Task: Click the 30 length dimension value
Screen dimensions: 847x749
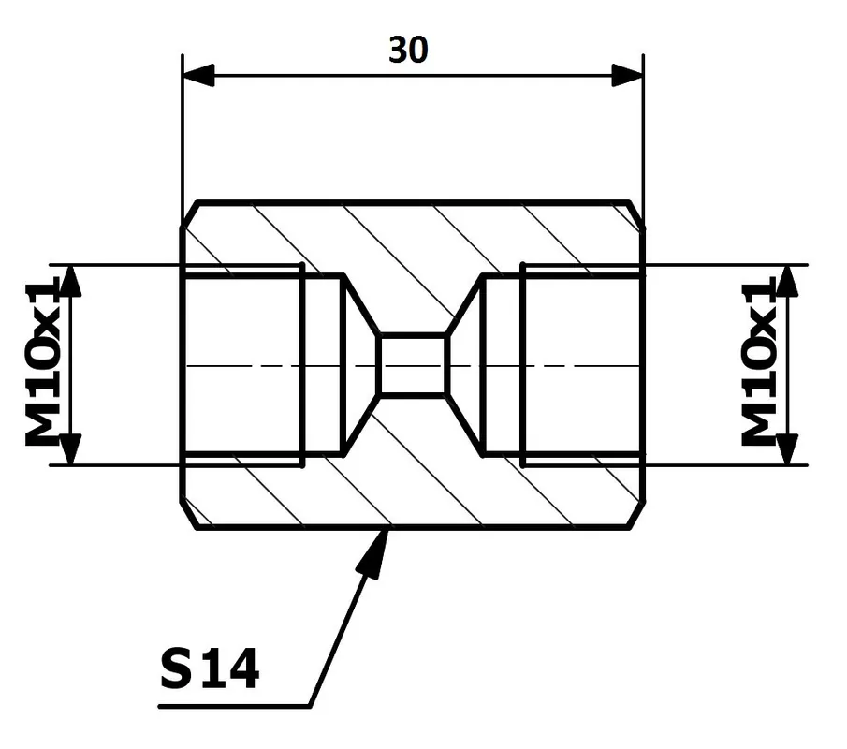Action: [408, 51]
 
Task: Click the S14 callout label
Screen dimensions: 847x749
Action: [211, 669]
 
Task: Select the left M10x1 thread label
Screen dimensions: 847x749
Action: [41, 361]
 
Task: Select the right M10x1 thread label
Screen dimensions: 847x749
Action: [758, 361]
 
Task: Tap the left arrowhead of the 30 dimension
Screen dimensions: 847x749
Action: [198, 75]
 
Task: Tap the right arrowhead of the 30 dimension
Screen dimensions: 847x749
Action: [627, 75]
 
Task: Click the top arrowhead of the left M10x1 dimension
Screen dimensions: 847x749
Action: [69, 281]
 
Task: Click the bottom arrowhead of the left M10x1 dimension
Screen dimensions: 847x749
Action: [69, 449]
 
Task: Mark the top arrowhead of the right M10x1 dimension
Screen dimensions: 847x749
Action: [788, 281]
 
